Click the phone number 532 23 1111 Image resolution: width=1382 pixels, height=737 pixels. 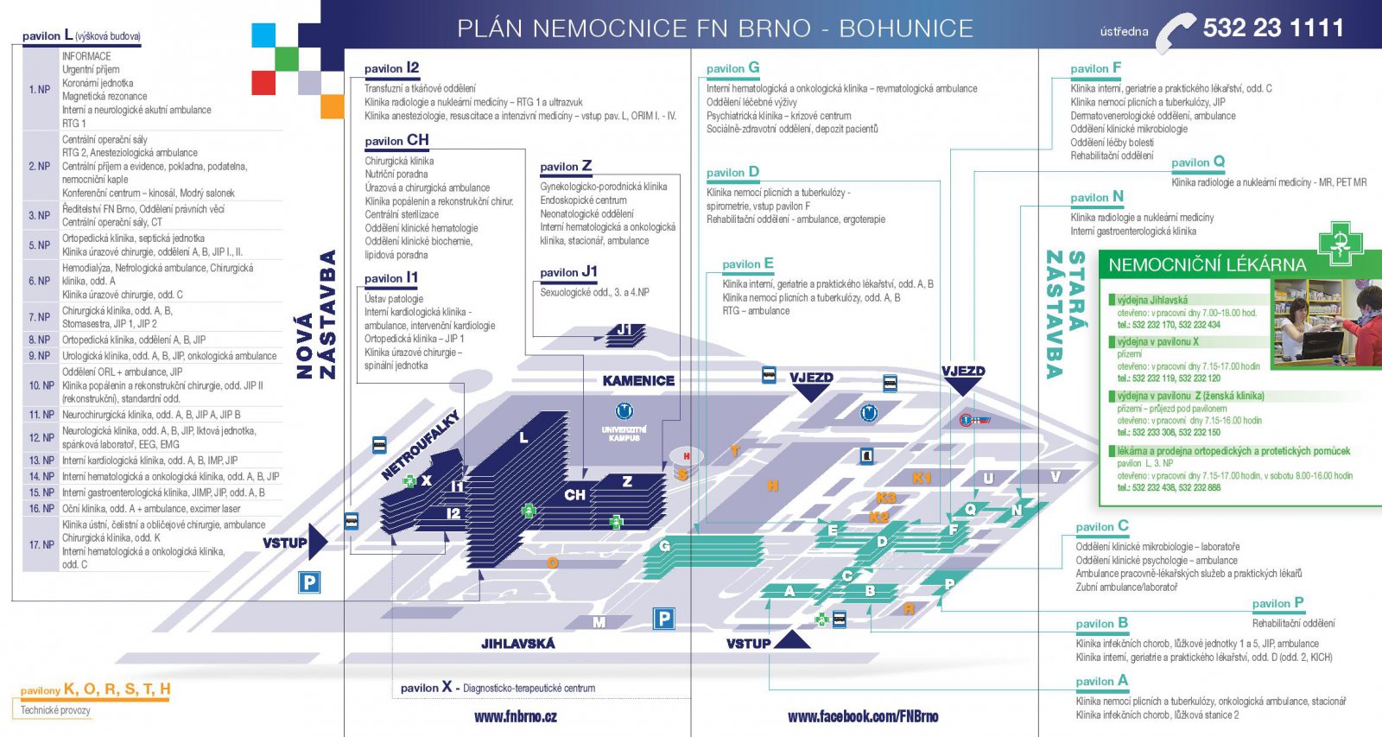click(x=1272, y=28)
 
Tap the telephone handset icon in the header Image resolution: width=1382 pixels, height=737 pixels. click(x=1176, y=32)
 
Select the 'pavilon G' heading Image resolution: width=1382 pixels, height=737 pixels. click(x=732, y=68)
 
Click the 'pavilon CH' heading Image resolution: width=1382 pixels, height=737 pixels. click(x=396, y=140)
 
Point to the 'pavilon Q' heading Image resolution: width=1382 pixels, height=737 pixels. click(x=1197, y=162)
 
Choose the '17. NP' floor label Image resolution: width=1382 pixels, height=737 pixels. click(x=41, y=544)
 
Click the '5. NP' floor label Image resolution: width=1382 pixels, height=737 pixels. click(x=40, y=245)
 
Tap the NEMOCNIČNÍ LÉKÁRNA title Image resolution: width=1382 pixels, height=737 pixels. click(x=1207, y=265)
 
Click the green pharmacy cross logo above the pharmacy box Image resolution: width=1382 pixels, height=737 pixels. click(x=1340, y=243)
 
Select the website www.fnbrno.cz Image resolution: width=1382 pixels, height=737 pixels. click(x=515, y=716)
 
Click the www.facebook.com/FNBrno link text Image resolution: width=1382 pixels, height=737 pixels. click(x=862, y=716)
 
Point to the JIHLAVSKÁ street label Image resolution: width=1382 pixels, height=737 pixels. click(x=517, y=644)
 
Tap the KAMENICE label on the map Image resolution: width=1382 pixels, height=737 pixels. click(x=638, y=380)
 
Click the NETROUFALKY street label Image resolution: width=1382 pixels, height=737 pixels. click(x=421, y=445)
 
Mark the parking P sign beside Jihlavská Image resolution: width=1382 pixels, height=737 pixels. click(x=663, y=619)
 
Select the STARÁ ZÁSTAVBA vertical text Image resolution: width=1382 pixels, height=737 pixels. click(x=1065, y=314)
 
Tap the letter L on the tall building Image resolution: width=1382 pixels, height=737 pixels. click(x=523, y=438)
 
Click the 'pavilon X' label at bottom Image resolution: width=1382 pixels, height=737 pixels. click(x=426, y=688)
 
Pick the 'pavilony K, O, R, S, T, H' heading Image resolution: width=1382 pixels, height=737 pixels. click(x=95, y=689)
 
